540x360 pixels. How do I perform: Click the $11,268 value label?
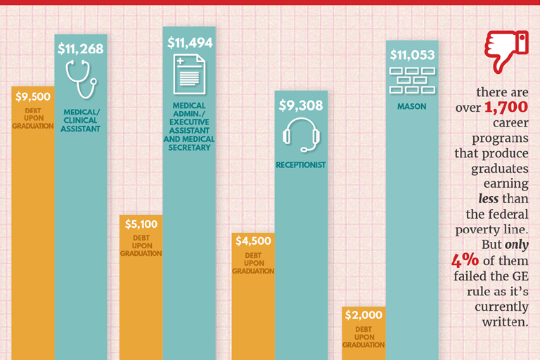click(x=81, y=49)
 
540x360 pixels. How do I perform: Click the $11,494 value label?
click(x=189, y=43)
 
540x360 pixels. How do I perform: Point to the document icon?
click(x=189, y=75)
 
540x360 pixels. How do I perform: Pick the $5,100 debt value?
click(x=141, y=224)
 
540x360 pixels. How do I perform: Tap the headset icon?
click(x=301, y=134)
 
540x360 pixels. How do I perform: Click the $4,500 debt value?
click(x=252, y=240)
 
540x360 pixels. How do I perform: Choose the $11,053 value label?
click(x=412, y=55)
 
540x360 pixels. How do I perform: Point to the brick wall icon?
click(x=412, y=80)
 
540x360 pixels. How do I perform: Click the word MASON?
click(x=412, y=107)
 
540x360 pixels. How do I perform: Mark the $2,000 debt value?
click(x=363, y=315)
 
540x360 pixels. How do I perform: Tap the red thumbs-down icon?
click(x=505, y=51)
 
